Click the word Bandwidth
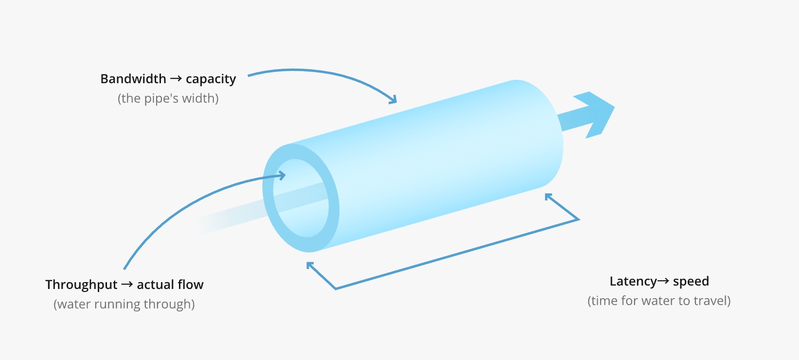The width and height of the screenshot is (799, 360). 133,79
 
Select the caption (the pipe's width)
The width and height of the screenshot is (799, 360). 168,98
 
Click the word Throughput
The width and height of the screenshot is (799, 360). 81,285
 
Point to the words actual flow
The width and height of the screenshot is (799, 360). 170,285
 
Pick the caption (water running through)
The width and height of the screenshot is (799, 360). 124,305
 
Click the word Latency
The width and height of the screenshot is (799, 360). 633,282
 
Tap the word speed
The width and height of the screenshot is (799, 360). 691,282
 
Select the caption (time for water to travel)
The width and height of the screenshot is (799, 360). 659,301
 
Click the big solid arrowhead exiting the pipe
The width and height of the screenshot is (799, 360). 596,113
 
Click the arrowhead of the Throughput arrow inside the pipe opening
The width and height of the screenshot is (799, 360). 282,175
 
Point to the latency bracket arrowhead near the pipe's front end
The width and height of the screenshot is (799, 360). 310,266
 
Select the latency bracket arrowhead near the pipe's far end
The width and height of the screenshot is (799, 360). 548,197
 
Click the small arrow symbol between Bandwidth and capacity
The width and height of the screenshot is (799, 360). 176,78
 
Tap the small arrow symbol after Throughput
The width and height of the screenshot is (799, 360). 127,285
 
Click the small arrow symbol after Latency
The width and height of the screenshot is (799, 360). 663,281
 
